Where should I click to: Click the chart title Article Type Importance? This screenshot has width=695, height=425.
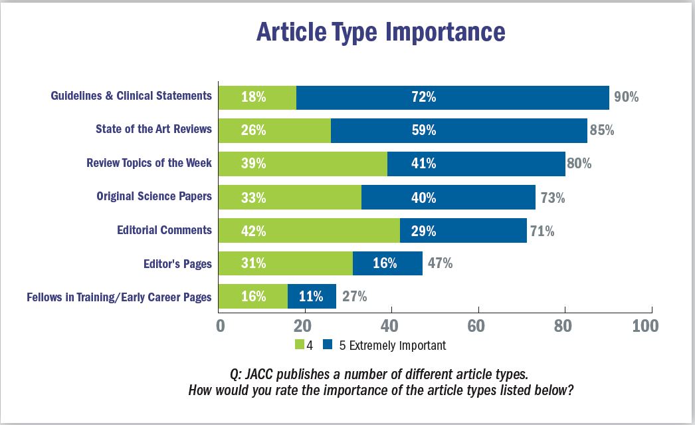point(381,32)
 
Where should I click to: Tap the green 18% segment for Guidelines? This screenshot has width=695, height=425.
point(258,97)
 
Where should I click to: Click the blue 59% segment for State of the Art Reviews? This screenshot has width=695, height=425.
point(458,130)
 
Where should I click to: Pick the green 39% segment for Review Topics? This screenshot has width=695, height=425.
point(303,164)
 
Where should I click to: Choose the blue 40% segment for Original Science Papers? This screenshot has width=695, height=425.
point(448,197)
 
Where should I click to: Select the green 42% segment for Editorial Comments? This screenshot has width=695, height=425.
point(310,230)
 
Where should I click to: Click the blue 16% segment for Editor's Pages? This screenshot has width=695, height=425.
point(387,263)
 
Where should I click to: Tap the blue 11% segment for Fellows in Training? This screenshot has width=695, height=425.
point(312,297)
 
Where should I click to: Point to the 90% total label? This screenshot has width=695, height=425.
point(625,97)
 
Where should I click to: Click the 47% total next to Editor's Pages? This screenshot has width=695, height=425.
point(439,263)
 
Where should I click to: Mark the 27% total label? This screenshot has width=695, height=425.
point(353,297)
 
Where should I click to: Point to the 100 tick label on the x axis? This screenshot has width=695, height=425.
point(645,326)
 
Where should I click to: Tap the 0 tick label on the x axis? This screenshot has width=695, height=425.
point(220,326)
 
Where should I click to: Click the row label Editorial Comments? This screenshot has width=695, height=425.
point(164,230)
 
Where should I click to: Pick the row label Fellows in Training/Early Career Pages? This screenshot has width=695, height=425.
point(119,297)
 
